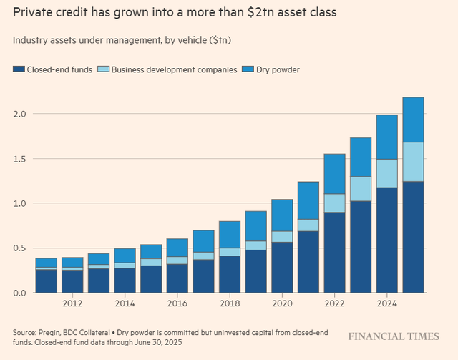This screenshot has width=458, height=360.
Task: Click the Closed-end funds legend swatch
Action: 18,69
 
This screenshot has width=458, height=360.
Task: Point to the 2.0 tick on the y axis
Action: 19,114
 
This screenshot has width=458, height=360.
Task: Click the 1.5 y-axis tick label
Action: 19,159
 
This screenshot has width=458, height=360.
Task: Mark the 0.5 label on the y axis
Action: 19,248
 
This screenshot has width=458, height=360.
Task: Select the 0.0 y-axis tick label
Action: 19,293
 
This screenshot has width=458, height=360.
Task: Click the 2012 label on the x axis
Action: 72,303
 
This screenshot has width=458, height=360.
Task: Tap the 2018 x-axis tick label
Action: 230,303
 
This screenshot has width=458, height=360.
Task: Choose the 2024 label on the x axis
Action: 386,303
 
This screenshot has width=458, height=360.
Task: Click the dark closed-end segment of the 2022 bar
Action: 334,252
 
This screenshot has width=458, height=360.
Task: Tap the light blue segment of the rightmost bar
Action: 413,162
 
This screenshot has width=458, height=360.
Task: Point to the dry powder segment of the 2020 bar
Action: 282,215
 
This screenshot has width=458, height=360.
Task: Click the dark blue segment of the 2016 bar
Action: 177,278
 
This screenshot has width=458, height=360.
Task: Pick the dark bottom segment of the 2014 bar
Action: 125,281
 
